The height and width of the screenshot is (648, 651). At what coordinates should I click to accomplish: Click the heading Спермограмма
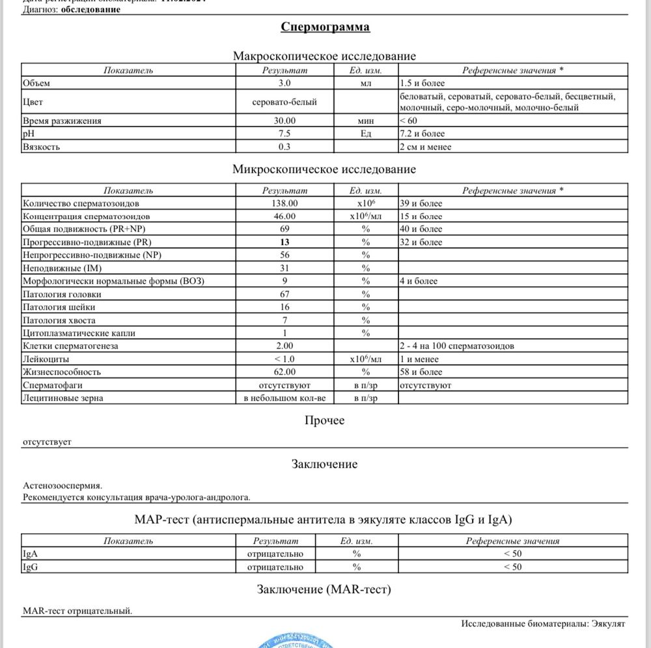coord(325,27)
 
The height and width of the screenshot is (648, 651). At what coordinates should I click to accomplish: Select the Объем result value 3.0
coord(284,83)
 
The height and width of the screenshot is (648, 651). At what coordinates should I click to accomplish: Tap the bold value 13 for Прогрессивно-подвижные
coord(284,242)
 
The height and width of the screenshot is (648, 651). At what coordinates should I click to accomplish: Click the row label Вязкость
coord(41,147)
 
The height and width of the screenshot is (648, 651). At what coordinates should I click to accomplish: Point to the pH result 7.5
coord(284,134)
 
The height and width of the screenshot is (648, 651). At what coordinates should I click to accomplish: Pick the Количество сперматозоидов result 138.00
coord(284,203)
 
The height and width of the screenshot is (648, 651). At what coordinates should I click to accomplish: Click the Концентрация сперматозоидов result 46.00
coord(284,216)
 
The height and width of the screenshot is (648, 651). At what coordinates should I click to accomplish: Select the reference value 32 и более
coord(421,242)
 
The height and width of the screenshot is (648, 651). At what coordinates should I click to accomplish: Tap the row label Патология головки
coord(62,294)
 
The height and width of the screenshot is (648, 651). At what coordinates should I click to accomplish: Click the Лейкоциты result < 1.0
coord(284,359)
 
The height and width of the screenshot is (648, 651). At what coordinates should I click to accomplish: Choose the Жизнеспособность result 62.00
coord(284,372)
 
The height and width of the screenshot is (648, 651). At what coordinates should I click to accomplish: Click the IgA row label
coord(29,554)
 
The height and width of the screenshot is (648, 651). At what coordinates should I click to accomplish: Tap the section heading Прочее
coord(325,420)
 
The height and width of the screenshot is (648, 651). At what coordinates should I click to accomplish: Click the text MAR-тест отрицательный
coord(77,611)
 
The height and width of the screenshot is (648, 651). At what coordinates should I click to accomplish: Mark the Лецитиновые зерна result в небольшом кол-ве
coord(284,398)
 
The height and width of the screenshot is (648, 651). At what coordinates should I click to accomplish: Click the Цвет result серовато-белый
coord(284,102)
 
